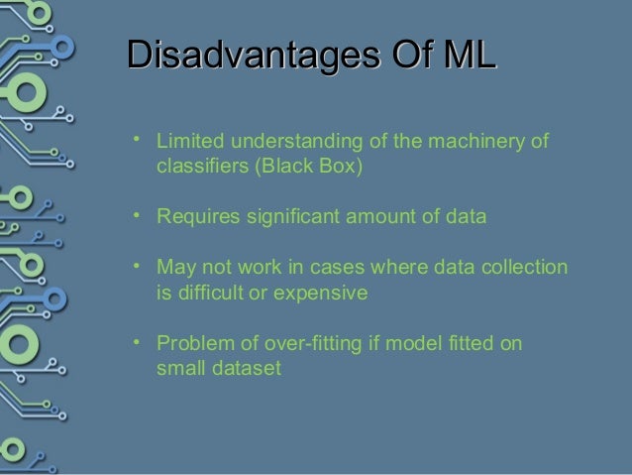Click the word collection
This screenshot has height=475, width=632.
pyautogui.click(x=528, y=268)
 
